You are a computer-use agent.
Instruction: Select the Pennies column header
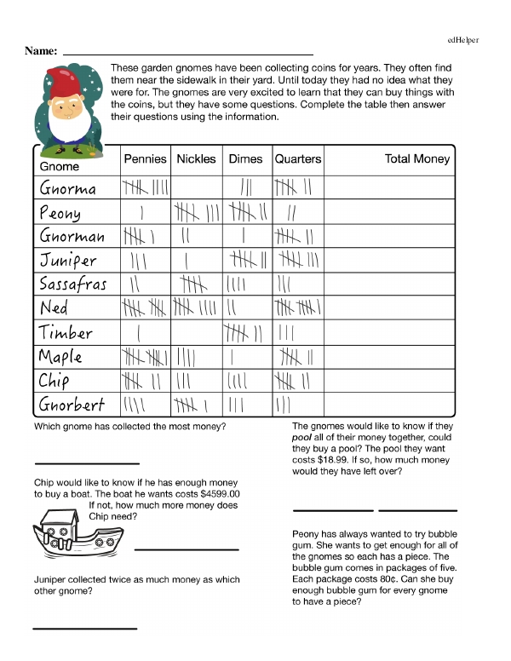pyautogui.click(x=145, y=159)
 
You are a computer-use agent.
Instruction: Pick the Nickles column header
pyautogui.click(x=196, y=159)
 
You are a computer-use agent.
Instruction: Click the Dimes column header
pyautogui.click(x=245, y=159)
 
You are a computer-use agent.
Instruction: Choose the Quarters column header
pyautogui.click(x=298, y=159)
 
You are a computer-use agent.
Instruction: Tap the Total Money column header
pyautogui.click(x=417, y=159)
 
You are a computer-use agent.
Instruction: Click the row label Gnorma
pyautogui.click(x=68, y=188)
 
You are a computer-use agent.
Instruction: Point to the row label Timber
pyautogui.click(x=66, y=331)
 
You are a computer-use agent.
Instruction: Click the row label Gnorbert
pyautogui.click(x=72, y=403)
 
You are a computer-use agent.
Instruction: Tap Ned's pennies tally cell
pyautogui.click(x=145, y=308)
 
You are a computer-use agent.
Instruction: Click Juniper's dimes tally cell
pyautogui.click(x=247, y=260)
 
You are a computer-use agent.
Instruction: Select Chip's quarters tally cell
pyautogui.click(x=296, y=380)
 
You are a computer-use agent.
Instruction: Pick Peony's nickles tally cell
pyautogui.click(x=197, y=212)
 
